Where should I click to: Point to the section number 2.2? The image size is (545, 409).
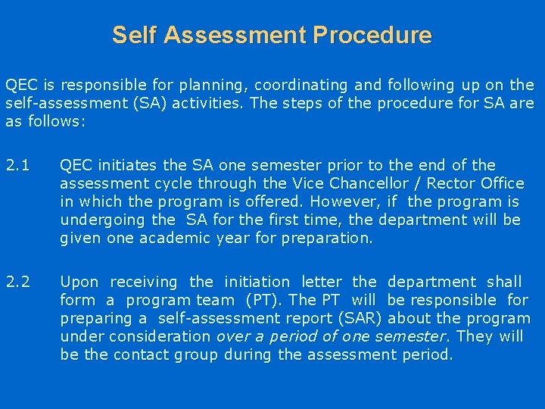point(17,283)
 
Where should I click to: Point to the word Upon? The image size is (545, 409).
point(79,283)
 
